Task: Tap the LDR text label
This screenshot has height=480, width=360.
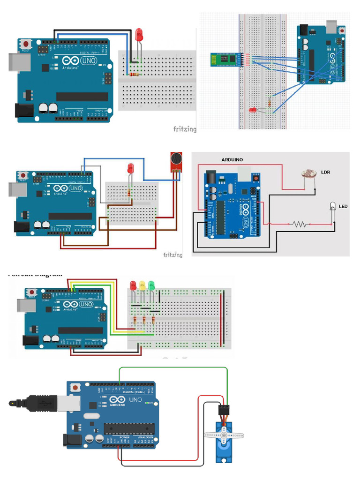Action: pyautogui.click(x=326, y=172)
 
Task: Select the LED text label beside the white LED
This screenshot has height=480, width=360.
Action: pyautogui.click(x=343, y=206)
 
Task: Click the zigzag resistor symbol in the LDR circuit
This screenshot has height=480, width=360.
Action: pyautogui.click(x=300, y=224)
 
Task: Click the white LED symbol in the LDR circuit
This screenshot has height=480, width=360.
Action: pyautogui.click(x=333, y=205)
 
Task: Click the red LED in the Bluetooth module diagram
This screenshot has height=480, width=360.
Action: pyautogui.click(x=253, y=110)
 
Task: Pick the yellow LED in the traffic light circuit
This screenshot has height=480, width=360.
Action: pyautogui.click(x=142, y=285)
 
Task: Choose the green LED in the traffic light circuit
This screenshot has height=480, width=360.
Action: pyautogui.click(x=151, y=285)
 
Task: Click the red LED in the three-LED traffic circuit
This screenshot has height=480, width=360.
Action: pyautogui.click(x=133, y=285)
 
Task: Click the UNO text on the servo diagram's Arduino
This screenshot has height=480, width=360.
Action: pyautogui.click(x=135, y=400)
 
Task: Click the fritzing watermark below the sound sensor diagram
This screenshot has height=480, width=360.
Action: pyautogui.click(x=173, y=255)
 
